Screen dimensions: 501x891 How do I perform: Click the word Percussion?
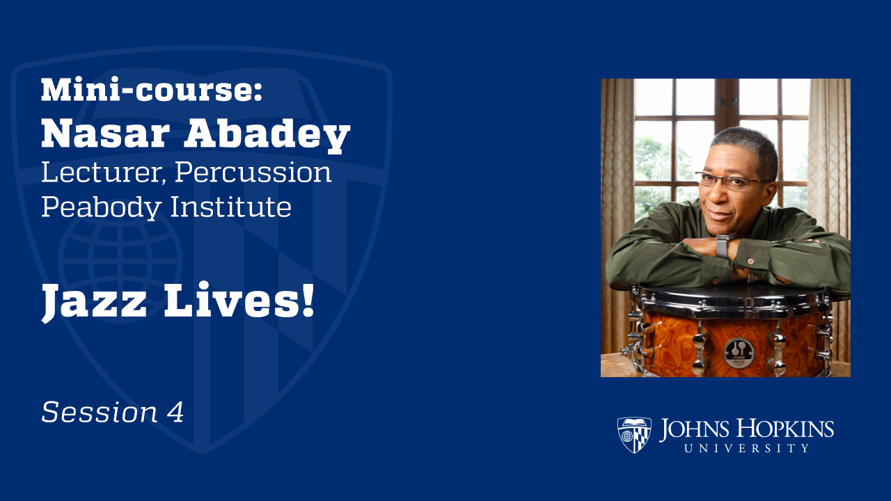coord(253,173)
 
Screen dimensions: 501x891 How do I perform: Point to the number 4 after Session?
coord(175,413)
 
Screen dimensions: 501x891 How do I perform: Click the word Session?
coord(100,413)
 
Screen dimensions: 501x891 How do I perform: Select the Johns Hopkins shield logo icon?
coord(633,435)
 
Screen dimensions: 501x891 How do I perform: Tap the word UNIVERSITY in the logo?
coord(746,449)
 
